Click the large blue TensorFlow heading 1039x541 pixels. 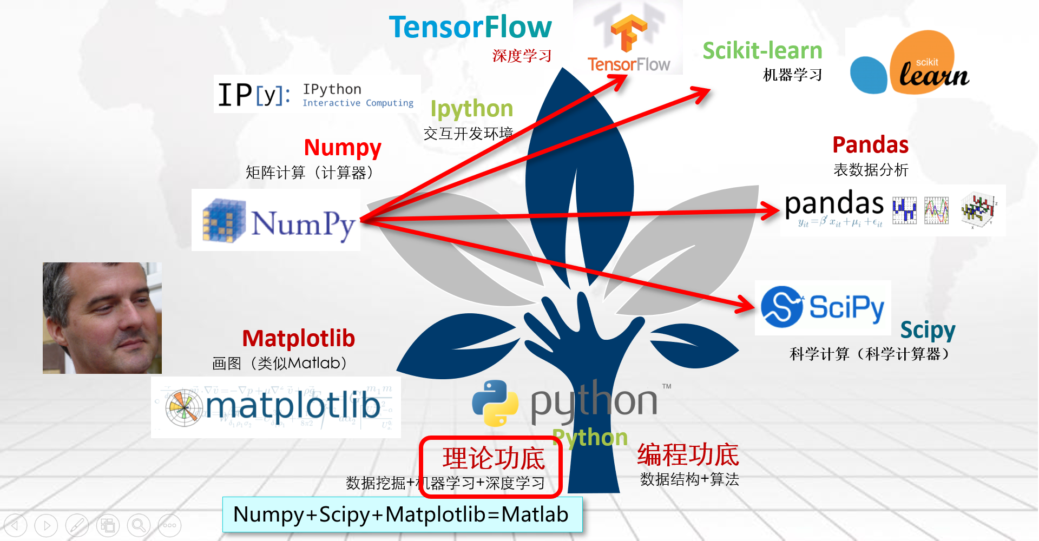click(x=470, y=27)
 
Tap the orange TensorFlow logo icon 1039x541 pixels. click(x=628, y=32)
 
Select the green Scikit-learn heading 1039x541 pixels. click(x=762, y=51)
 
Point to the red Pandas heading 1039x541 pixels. click(x=870, y=145)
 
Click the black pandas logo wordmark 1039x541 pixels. click(x=834, y=204)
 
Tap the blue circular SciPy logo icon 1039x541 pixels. click(x=781, y=307)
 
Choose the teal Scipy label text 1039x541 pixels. click(x=928, y=330)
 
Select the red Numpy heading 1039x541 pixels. click(x=343, y=148)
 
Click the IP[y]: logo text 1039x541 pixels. click(x=253, y=95)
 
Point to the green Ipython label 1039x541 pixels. click(x=471, y=109)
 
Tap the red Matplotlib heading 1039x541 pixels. click(x=298, y=339)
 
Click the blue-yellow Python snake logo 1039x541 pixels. click(x=495, y=403)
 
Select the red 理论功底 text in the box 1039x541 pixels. click(x=493, y=459)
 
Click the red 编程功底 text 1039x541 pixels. click(x=688, y=455)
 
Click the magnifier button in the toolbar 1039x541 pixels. click(x=139, y=525)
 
